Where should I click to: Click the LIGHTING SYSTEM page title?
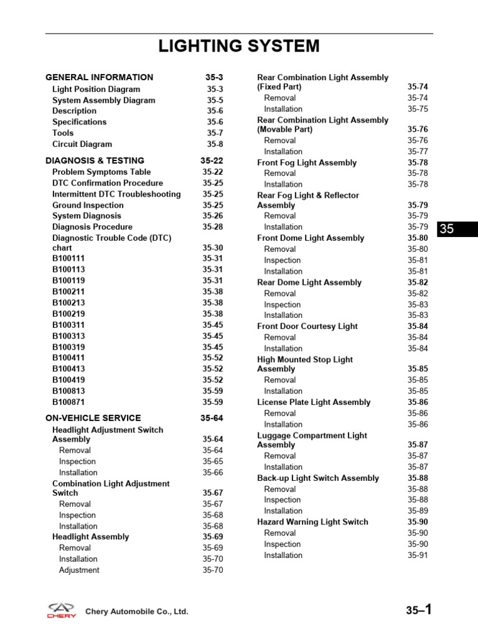[x=239, y=46]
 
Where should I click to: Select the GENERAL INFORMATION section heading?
[x=100, y=78]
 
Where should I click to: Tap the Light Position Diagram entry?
[x=96, y=89]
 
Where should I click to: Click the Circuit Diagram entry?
[x=82, y=144]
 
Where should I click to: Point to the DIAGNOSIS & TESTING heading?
[x=95, y=160]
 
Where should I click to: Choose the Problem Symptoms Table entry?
[x=101, y=172]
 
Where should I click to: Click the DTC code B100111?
[x=68, y=258]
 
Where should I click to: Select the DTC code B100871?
[x=68, y=402]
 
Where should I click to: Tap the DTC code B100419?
[x=68, y=380]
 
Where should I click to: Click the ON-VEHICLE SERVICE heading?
[x=93, y=418]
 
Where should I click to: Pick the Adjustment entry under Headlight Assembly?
[x=79, y=570]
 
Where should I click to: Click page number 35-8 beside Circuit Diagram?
[x=215, y=144]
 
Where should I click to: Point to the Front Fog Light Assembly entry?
[x=307, y=162]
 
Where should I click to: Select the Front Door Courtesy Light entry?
[x=307, y=326]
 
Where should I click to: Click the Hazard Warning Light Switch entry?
[x=312, y=522]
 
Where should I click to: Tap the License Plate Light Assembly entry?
[x=314, y=402]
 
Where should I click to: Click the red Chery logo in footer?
[x=62, y=610]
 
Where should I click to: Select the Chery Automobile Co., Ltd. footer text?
[x=137, y=612]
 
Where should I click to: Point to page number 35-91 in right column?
[x=418, y=556]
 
